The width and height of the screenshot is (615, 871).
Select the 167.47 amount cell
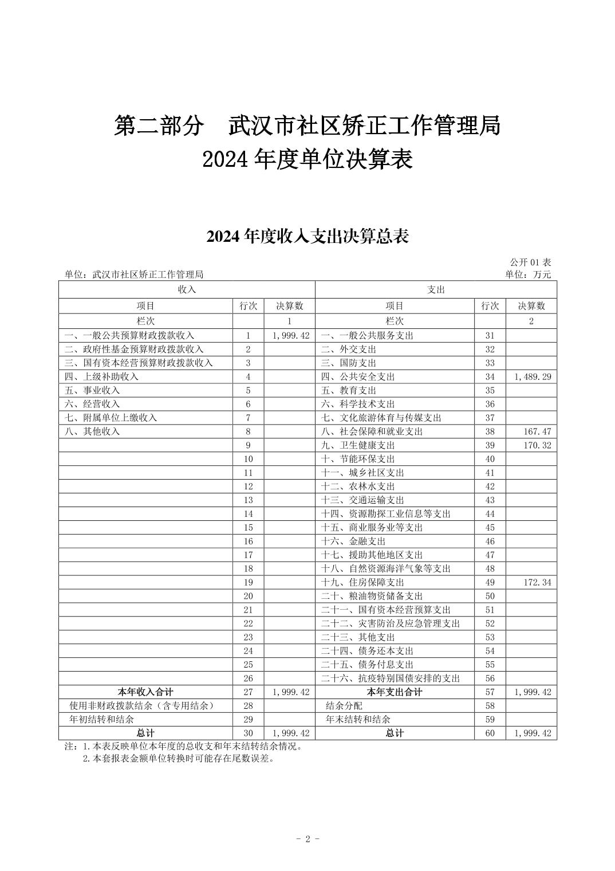click(x=537, y=431)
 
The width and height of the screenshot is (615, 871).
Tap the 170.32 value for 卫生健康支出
click(x=537, y=445)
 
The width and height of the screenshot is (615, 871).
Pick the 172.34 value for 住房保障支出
click(x=537, y=582)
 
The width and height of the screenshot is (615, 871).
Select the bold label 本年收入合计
click(x=145, y=692)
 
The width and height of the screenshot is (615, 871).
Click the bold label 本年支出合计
click(x=395, y=692)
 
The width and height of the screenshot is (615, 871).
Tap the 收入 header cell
click(x=187, y=289)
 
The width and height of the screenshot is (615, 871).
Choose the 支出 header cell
click(x=436, y=289)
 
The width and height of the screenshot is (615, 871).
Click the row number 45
click(x=490, y=527)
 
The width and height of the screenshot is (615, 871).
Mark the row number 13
click(x=248, y=500)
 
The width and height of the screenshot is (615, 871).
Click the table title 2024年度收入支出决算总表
click(x=307, y=236)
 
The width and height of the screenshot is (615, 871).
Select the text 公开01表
click(x=530, y=262)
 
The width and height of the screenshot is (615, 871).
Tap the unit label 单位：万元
click(x=527, y=274)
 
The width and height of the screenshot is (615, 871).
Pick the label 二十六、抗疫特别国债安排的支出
click(x=390, y=678)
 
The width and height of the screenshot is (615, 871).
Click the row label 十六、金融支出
click(x=353, y=541)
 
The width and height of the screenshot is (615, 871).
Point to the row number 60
click(x=490, y=733)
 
